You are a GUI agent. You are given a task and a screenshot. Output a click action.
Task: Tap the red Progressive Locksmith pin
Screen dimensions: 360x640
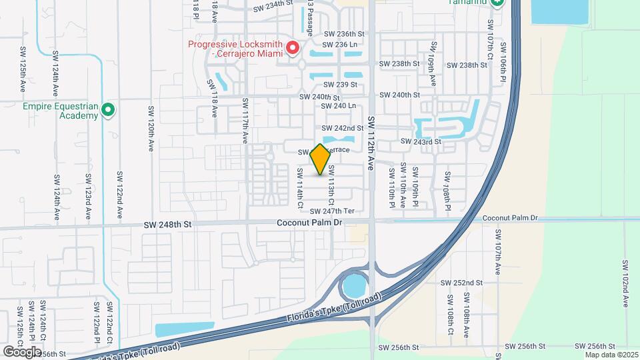292,48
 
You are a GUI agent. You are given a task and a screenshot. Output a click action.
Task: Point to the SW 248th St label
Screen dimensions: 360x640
167,225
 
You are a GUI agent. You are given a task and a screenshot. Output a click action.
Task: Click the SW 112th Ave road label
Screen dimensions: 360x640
372,143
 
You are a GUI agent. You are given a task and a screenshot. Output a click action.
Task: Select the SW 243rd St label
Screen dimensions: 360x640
421,141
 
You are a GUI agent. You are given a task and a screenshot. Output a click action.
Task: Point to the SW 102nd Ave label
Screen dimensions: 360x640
625,283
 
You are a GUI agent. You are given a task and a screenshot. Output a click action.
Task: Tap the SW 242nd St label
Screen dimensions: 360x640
343,128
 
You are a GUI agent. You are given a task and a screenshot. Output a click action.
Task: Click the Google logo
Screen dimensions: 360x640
21,351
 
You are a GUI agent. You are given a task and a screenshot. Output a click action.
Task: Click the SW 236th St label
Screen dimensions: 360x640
344,33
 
